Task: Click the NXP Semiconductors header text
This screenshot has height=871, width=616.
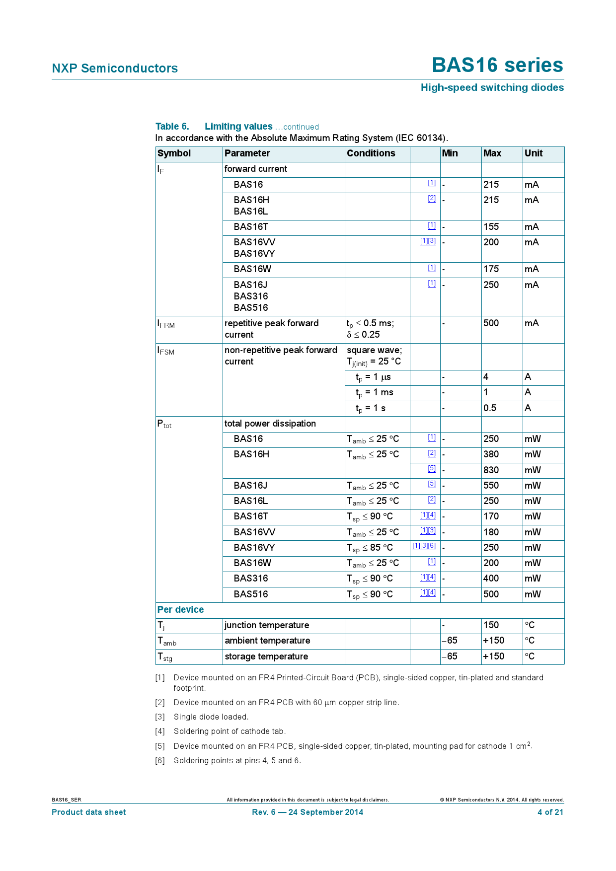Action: click(115, 69)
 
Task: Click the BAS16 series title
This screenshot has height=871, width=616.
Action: click(497, 66)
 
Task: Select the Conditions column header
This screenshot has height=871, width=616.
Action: click(371, 153)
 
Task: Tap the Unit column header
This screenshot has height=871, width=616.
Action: click(534, 153)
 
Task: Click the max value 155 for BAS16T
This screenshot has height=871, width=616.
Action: click(491, 227)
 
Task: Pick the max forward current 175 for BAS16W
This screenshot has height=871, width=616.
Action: click(491, 269)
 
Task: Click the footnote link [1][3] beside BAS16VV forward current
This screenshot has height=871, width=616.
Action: click(428, 241)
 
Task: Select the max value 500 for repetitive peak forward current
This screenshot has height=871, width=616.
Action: click(491, 323)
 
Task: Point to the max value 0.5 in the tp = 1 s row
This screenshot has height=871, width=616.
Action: click(490, 408)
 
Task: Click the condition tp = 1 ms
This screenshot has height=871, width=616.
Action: click(375, 393)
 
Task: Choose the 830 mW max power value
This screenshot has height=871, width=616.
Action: click(491, 470)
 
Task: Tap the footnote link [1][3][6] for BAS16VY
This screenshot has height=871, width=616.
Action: click(424, 546)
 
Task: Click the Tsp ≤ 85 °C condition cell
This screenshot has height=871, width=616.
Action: click(370, 548)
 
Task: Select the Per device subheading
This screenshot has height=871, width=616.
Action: click(180, 610)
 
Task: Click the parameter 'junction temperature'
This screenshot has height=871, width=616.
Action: click(267, 625)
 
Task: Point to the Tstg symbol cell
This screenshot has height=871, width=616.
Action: click(165, 657)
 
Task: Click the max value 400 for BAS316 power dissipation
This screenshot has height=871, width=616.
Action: click(491, 579)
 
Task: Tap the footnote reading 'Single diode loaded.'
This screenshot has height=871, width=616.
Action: click(211, 717)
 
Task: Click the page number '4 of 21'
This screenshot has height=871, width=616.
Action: click(550, 812)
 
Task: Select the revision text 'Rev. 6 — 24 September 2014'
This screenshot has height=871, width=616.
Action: click(308, 812)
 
